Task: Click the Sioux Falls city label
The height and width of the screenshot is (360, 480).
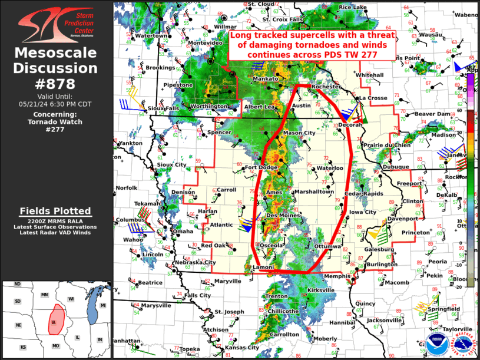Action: pyautogui.click(x=163, y=108)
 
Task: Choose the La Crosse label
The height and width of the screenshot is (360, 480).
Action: pyautogui.click(x=373, y=98)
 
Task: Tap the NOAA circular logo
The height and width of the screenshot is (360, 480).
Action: pyautogui.click(x=435, y=345)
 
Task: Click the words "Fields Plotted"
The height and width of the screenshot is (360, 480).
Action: pyautogui.click(x=55, y=211)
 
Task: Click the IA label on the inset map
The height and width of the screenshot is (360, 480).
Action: pyautogui.click(x=54, y=323)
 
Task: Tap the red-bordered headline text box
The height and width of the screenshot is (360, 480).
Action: pyautogui.click(x=312, y=45)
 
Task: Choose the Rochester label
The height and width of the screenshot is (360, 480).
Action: pyautogui.click(x=326, y=87)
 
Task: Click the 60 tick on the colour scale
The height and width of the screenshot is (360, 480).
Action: pyautogui.click(x=474, y=110)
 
